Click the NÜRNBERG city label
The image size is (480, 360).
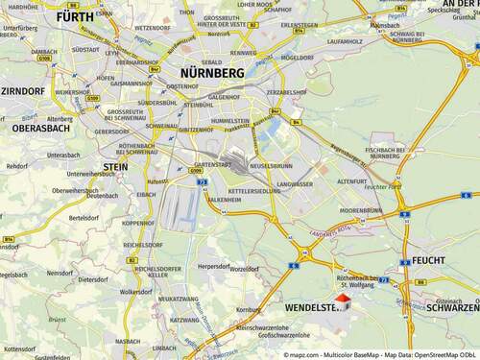tap(212, 73)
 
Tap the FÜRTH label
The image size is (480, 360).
tap(75, 17)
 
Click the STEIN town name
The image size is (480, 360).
tap(115, 166)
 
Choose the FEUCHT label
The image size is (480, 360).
tap(429, 260)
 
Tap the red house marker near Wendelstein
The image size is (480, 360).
tap(347, 302)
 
